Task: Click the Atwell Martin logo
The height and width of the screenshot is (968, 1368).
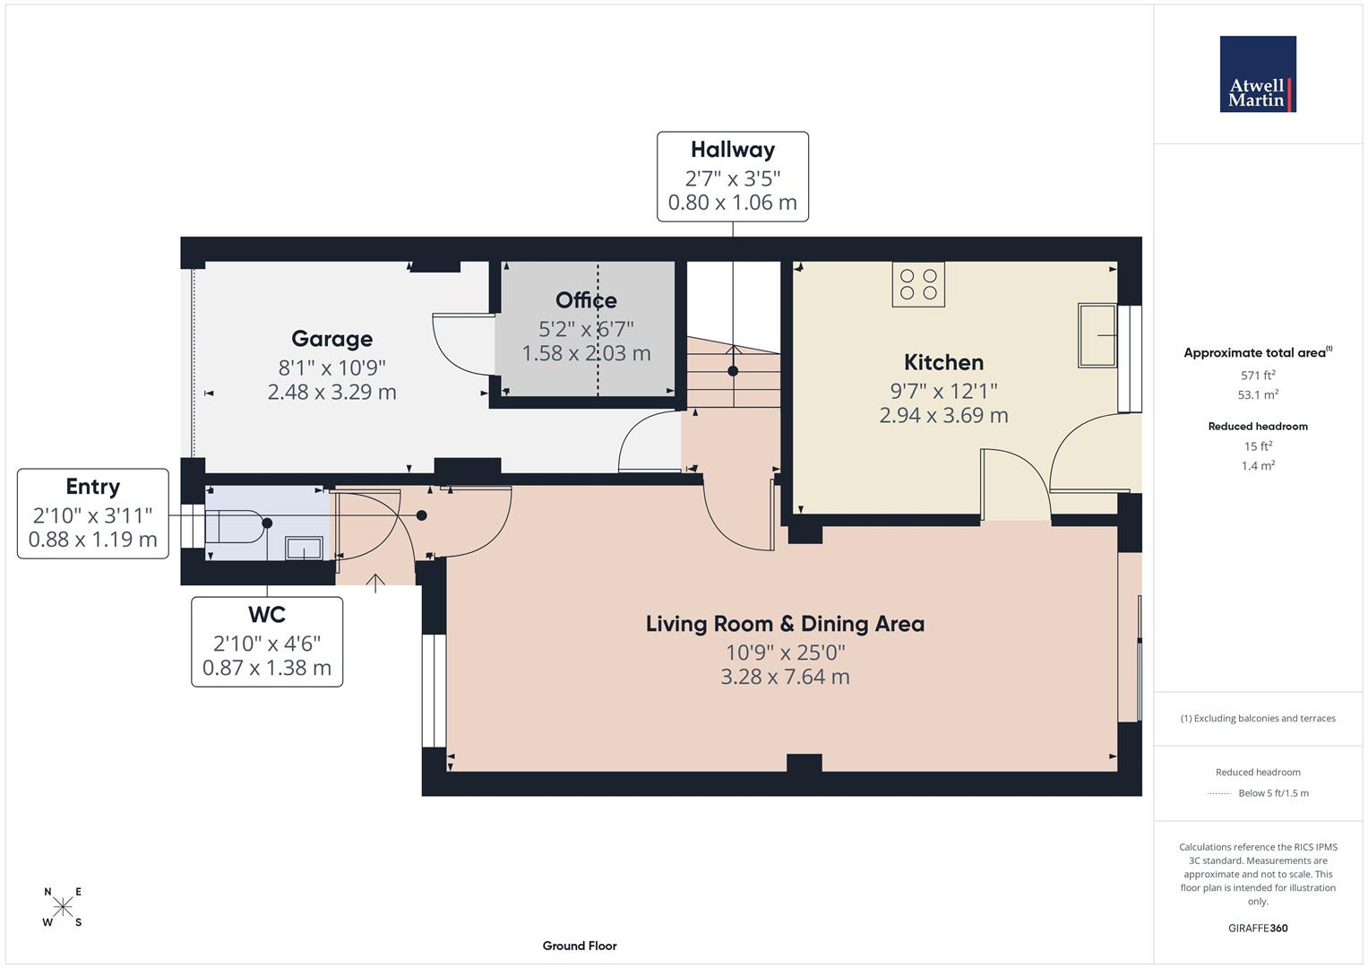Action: click(x=1257, y=74)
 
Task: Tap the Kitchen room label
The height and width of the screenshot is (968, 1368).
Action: click(x=943, y=362)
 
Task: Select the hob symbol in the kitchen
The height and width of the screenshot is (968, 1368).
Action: click(x=918, y=284)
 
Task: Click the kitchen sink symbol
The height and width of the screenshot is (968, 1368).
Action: click(x=1097, y=335)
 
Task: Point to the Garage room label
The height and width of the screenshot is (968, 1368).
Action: click(x=331, y=339)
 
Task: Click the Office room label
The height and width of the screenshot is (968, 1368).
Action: click(x=586, y=300)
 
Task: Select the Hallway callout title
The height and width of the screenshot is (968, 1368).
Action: click(x=732, y=150)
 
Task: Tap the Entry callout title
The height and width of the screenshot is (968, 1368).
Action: click(x=92, y=487)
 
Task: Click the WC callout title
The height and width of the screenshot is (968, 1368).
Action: click(x=266, y=615)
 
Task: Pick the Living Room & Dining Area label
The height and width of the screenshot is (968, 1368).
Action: click(x=785, y=624)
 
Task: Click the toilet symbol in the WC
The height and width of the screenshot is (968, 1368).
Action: click(x=235, y=526)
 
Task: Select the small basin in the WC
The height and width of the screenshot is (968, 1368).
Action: click(x=304, y=548)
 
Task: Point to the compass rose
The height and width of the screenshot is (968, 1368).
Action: click(x=63, y=907)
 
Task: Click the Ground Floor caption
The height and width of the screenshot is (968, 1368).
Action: click(x=580, y=946)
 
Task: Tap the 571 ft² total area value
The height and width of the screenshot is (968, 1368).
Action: click(x=1258, y=376)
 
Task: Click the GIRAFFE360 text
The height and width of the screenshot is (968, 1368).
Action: click(x=1258, y=928)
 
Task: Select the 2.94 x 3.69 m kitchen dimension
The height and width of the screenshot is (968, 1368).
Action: click(x=943, y=416)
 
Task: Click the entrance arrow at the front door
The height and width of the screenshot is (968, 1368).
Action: click(x=374, y=583)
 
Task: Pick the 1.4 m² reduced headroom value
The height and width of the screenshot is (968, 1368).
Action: click(x=1258, y=466)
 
